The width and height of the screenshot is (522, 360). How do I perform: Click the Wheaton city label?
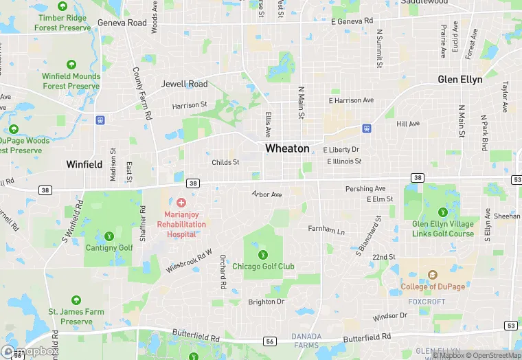coord(287,148)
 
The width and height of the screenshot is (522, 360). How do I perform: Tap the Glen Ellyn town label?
coord(460,80)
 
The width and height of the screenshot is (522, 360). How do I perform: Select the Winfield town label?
coord(84,165)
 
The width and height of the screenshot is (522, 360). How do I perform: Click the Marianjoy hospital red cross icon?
coord(181,203)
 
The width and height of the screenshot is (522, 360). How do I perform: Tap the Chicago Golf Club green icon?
coord(262,255)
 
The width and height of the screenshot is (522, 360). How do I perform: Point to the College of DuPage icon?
coord(432,275)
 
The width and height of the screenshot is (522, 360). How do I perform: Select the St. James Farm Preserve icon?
coord(76,300)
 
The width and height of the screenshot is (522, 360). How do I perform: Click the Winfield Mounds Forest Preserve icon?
coord(71,65)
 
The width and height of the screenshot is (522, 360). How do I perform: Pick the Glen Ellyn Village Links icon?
coord(443,212)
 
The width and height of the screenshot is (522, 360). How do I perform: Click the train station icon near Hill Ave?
coord(367,128)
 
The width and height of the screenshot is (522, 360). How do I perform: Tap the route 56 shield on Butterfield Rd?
coord(270,341)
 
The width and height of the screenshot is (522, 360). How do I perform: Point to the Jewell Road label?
coord(184,85)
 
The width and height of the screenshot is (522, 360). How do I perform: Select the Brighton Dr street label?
coord(266,302)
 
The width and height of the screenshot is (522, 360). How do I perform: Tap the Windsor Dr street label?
coord(389,317)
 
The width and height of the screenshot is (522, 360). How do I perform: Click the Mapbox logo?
coord(30,351)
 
